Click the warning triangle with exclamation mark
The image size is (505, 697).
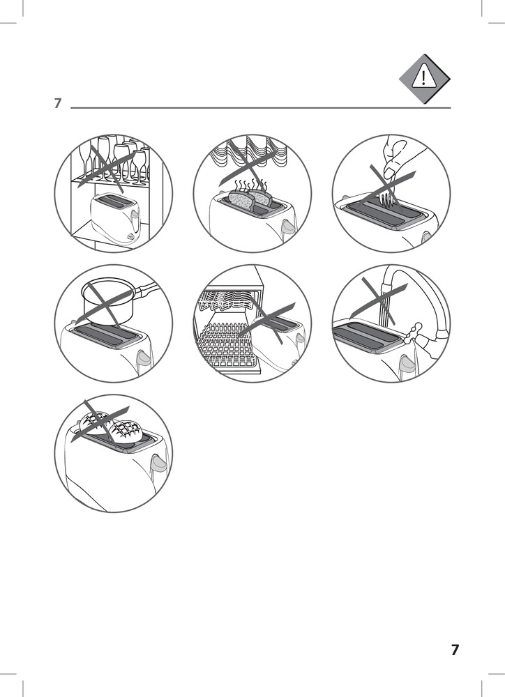424,79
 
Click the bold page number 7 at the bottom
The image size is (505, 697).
454,650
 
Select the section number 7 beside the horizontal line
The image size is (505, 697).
58,103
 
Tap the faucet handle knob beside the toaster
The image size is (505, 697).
415,329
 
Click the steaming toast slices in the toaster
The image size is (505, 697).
248,198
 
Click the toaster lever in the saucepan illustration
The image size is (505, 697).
144,357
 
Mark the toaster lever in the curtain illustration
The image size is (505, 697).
287,227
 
